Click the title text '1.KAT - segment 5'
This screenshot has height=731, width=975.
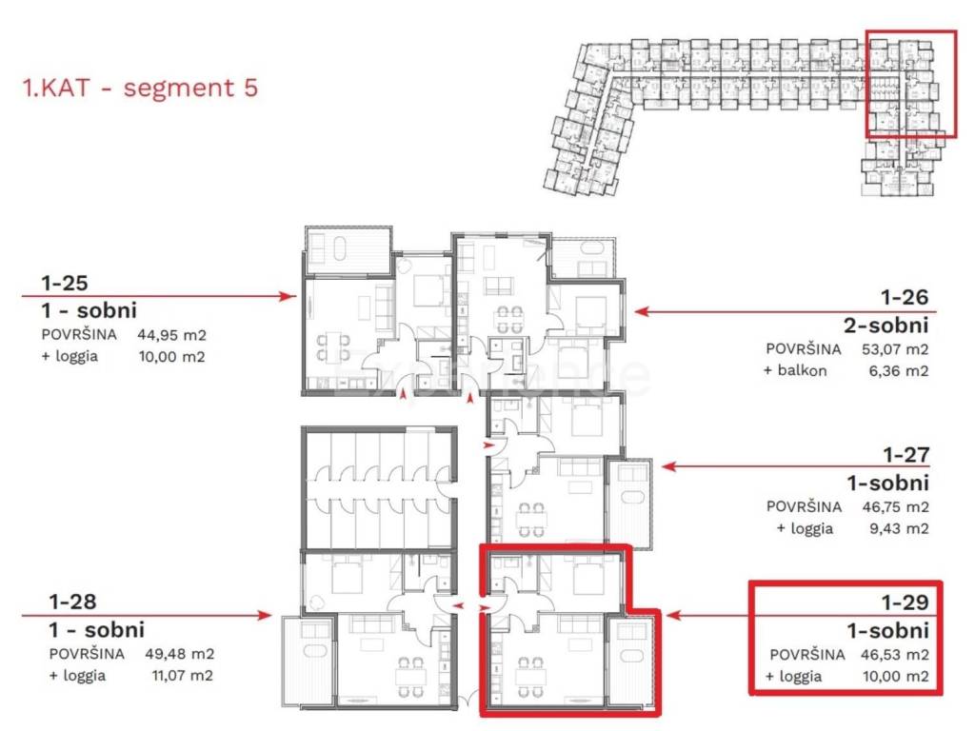pyautogui.click(x=140, y=88)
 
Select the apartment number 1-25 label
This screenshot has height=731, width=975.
pyautogui.click(x=65, y=284)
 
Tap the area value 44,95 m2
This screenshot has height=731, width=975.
pyautogui.click(x=171, y=335)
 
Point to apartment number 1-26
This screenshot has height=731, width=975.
pyautogui.click(x=905, y=297)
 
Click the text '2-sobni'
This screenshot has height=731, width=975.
pyautogui.click(x=886, y=325)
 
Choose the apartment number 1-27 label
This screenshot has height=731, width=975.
pyautogui.click(x=906, y=455)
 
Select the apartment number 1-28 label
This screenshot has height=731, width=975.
pyautogui.click(x=72, y=602)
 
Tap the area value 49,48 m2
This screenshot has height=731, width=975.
pyautogui.click(x=180, y=654)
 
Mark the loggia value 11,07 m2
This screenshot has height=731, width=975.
pyautogui.click(x=182, y=676)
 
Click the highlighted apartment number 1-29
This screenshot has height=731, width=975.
pyautogui.click(x=905, y=603)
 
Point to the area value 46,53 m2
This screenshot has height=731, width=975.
pyautogui.click(x=895, y=655)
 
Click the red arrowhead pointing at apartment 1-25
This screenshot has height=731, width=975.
pyautogui.click(x=288, y=297)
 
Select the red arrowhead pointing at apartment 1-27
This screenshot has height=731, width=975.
pyautogui.click(x=669, y=466)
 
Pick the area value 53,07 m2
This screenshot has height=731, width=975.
pyautogui.click(x=895, y=349)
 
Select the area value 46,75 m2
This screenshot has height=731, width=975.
pyautogui.click(x=895, y=507)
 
